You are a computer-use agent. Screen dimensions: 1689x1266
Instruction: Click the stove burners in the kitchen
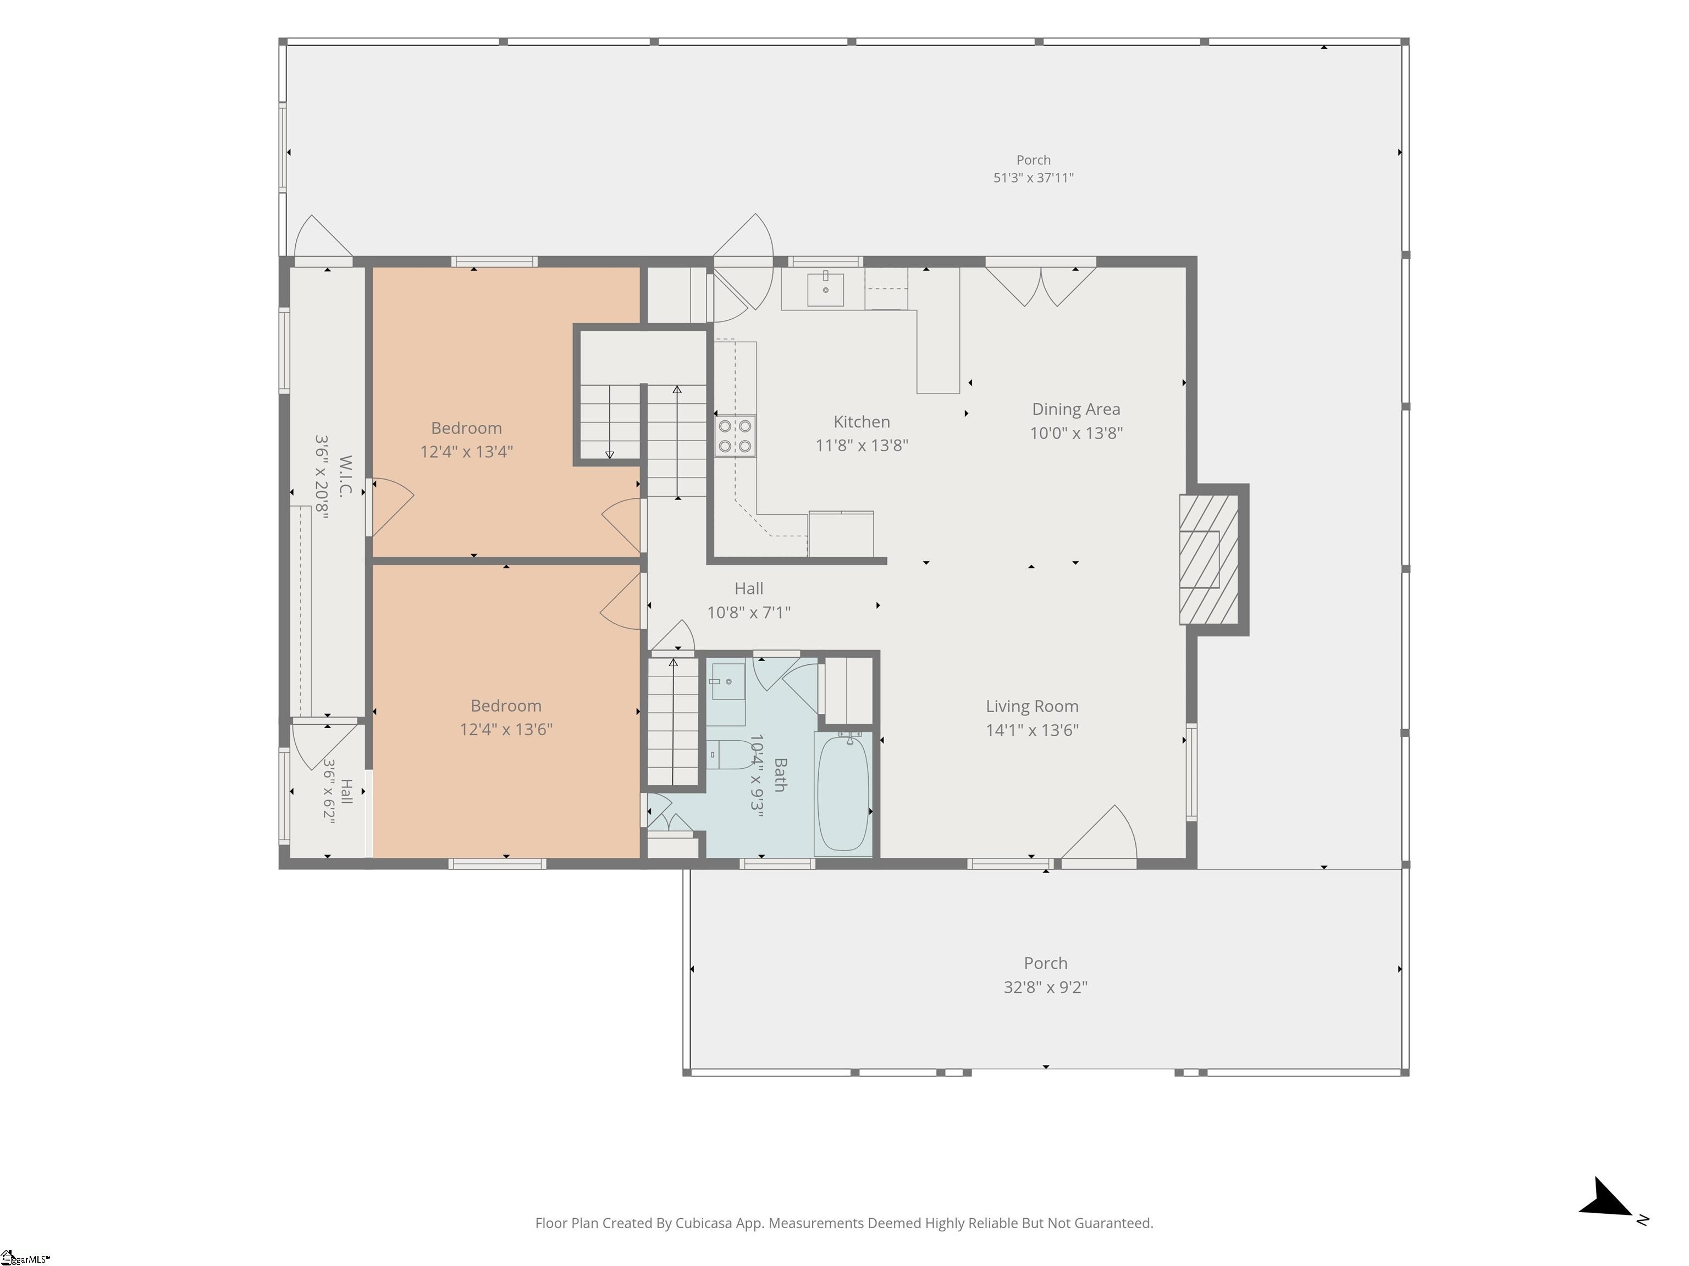pos(735,436)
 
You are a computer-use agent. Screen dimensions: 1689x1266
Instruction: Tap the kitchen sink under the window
pos(825,288)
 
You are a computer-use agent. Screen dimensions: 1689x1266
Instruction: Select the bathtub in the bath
pos(843,792)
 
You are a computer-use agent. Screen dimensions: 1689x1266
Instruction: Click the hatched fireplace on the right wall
pos(1208,559)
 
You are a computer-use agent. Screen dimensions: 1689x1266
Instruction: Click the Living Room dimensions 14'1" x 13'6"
pos(1031,730)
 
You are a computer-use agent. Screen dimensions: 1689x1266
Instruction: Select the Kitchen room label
pos(862,422)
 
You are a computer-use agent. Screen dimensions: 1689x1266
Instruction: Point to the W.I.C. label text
pos(345,476)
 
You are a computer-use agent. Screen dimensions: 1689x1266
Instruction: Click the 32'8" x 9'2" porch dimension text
pos(1045,987)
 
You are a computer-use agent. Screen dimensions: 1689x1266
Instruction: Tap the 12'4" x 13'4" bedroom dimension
pos(467,452)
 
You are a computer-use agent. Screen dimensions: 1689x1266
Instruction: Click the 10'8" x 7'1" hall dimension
pos(748,612)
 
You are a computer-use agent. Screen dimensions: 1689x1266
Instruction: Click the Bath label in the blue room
pos(780,775)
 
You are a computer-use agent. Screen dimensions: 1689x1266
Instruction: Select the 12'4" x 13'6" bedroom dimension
pos(506,730)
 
